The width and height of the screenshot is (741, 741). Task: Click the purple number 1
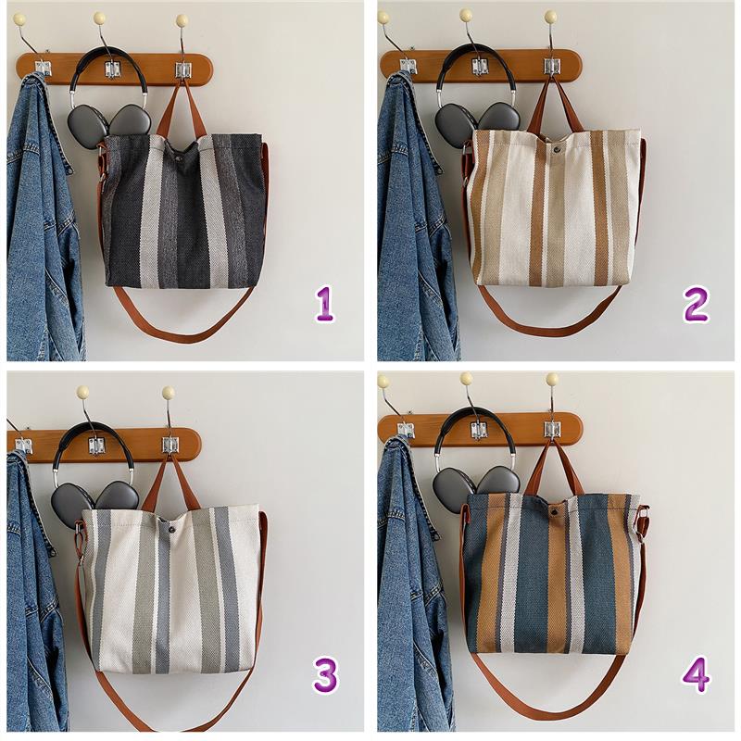(x=325, y=305)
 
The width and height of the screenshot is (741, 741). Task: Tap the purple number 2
(x=696, y=305)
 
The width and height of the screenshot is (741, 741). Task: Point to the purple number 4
(x=697, y=675)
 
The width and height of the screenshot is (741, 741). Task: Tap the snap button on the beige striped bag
(x=557, y=149)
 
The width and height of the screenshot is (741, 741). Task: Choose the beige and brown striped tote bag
(x=555, y=207)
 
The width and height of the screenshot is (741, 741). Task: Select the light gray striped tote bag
(x=171, y=588)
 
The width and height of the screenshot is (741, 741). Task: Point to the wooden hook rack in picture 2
(x=481, y=66)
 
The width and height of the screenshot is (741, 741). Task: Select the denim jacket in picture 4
(x=411, y=586)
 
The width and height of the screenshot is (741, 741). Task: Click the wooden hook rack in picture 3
(x=105, y=446)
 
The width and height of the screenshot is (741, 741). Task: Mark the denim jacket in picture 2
(x=416, y=218)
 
